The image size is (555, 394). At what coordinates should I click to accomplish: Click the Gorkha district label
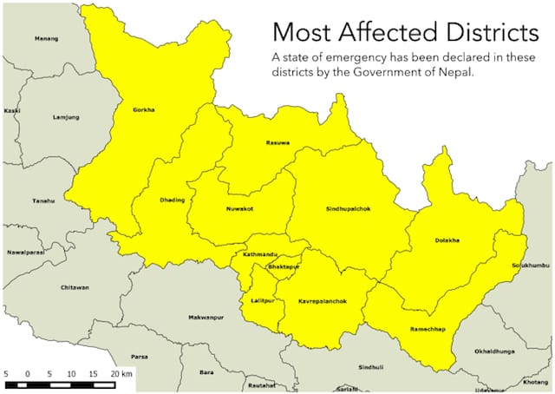144,110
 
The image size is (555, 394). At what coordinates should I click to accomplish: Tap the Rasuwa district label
277,142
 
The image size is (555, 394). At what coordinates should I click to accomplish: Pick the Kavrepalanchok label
322,300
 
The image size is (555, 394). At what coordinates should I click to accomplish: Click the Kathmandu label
258,254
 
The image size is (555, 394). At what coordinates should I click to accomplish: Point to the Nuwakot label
240,209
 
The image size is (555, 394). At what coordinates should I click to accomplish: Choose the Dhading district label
173,200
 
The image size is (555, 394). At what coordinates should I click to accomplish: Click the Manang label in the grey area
46,39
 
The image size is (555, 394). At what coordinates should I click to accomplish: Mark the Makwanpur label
206,318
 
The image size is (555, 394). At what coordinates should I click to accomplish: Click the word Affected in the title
387,33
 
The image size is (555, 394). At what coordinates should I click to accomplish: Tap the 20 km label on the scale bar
121,372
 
